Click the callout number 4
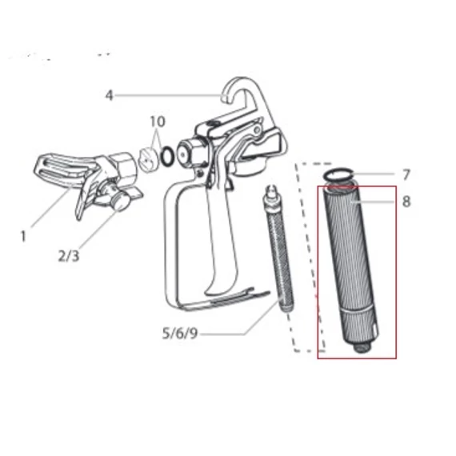pyautogui.click(x=109, y=95)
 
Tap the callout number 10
pyautogui.click(x=158, y=122)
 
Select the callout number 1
pyautogui.click(x=23, y=236)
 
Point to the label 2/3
pyautogui.click(x=69, y=256)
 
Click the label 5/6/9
pyautogui.click(x=180, y=334)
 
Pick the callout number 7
pyautogui.click(x=406, y=174)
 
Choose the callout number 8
pyautogui.click(x=406, y=202)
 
